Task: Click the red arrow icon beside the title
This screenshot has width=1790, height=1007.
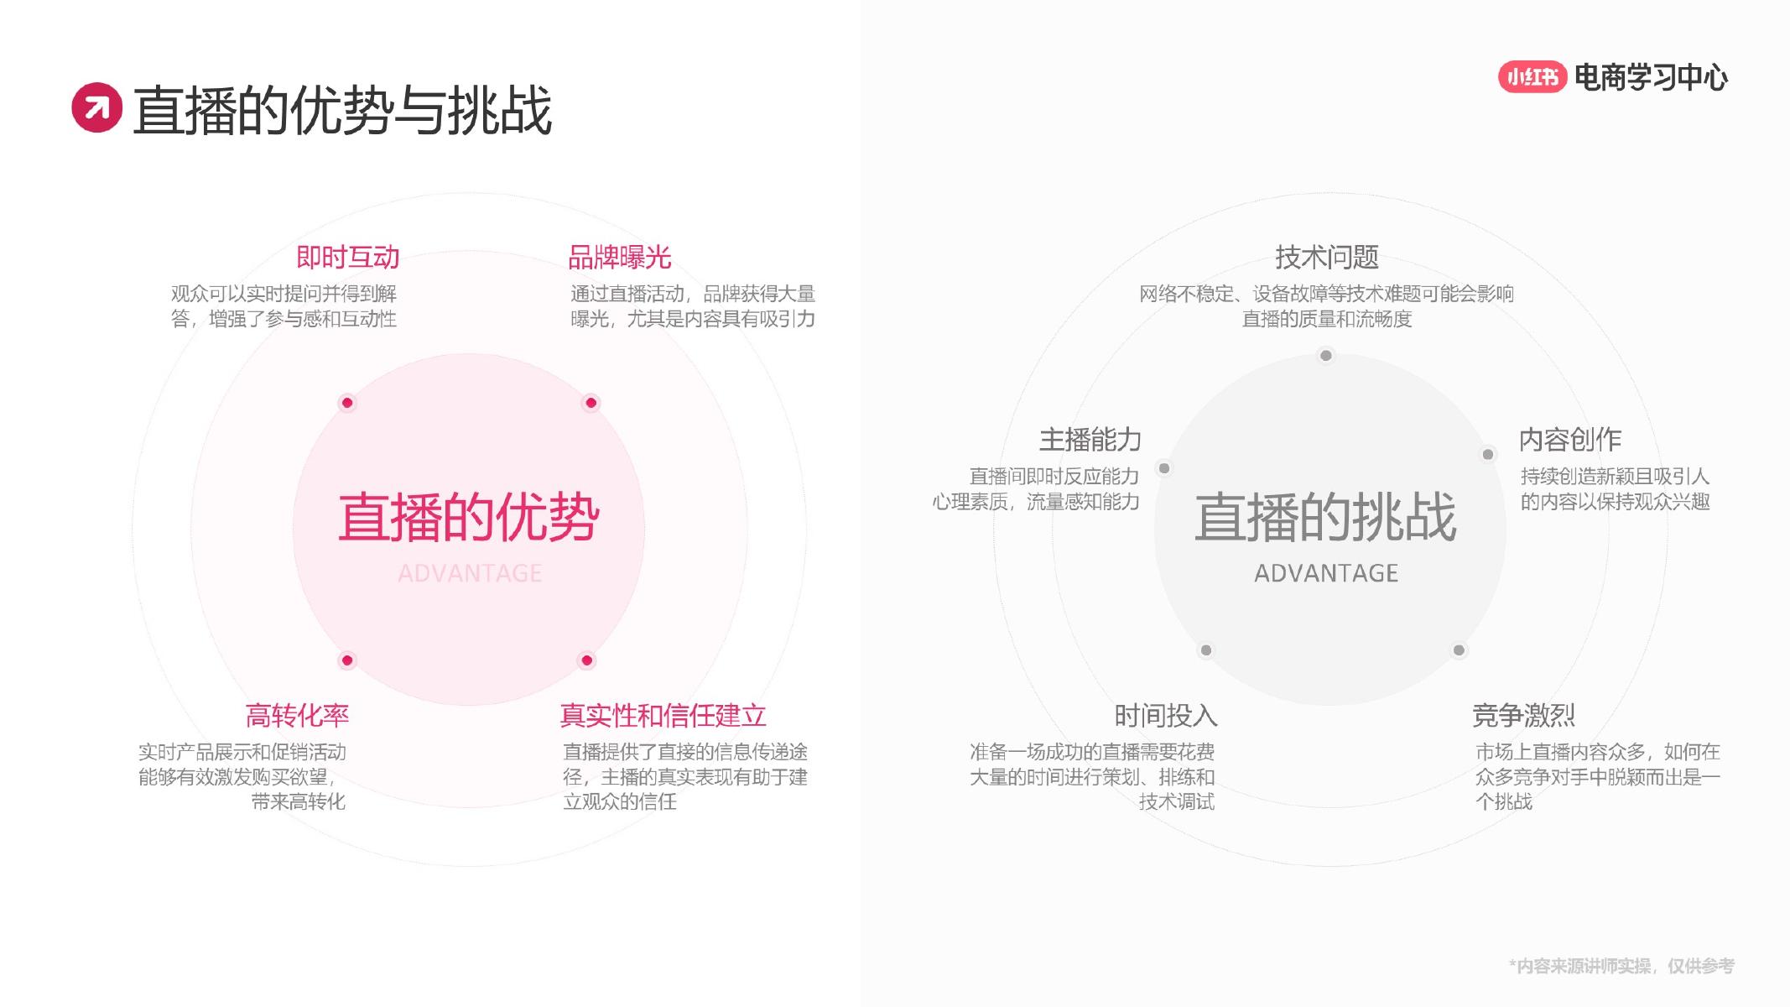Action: pos(96,107)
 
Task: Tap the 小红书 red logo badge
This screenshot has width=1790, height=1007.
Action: pos(1532,77)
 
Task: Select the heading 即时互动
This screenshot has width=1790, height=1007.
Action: pos(348,257)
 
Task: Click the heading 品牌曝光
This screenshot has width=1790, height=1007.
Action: pos(620,257)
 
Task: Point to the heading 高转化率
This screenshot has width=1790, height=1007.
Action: pos(297,715)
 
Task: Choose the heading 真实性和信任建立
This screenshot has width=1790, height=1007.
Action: pos(663,715)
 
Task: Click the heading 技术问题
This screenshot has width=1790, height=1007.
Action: pos(1326,257)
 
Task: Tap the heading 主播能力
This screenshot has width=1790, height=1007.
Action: pos(1090,439)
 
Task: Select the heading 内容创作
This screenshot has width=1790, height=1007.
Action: pos(1570,439)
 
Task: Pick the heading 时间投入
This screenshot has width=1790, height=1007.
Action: pos(1166,715)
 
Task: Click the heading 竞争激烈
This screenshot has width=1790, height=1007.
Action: pos(1523,715)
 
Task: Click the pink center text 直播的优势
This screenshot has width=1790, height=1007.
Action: pos(469,517)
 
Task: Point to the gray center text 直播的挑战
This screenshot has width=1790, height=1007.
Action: pos(1325,517)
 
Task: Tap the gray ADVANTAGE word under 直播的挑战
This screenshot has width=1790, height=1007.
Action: pos(1326,573)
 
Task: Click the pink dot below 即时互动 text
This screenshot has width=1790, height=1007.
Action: pos(347,403)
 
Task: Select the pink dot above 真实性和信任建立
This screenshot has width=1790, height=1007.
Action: pos(587,660)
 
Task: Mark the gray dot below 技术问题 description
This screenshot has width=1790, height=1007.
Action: pos(1326,356)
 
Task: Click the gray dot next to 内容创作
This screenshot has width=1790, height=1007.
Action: pos(1488,455)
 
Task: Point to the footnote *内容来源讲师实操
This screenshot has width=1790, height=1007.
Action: pos(1621,966)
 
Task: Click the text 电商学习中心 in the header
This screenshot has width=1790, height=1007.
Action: pos(1651,77)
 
